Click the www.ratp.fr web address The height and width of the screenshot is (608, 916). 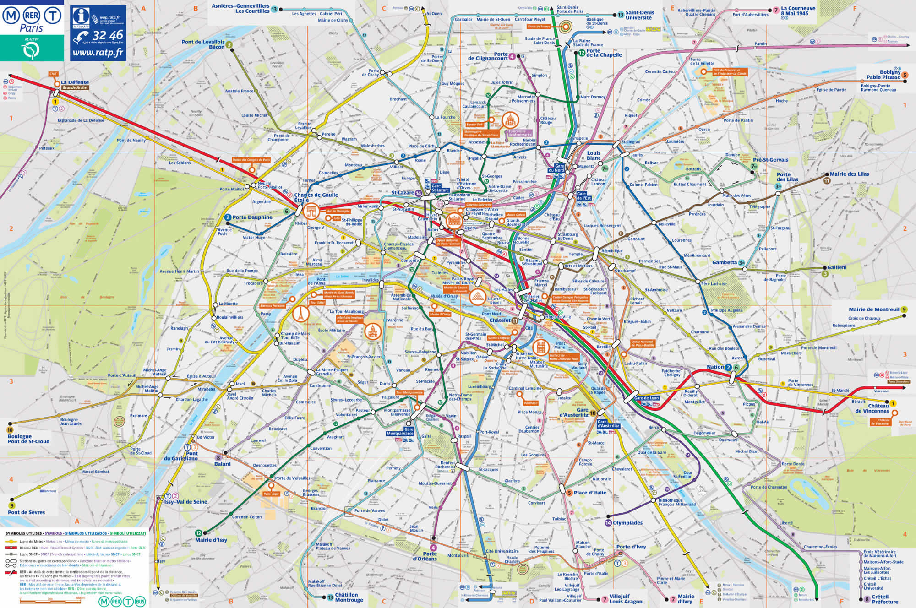click(x=98, y=53)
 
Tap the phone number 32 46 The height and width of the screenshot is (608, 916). click(x=108, y=35)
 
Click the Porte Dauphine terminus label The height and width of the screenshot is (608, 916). click(x=252, y=217)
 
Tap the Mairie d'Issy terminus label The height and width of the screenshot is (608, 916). click(x=211, y=540)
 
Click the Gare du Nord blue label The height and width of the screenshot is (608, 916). click(x=559, y=168)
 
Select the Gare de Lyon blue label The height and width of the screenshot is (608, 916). click(x=646, y=398)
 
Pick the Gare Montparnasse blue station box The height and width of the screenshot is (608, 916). click(x=400, y=431)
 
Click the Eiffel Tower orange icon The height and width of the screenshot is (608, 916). click(x=300, y=314)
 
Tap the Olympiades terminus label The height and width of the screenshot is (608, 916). click(x=627, y=523)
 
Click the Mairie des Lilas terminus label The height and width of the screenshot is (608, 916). click(x=849, y=174)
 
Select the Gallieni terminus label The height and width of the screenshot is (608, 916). click(x=837, y=267)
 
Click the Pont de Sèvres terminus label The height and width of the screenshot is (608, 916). click(x=26, y=512)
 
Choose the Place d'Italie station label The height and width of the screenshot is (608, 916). click(x=590, y=493)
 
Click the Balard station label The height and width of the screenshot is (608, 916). click(x=223, y=464)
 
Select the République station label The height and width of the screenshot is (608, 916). click(x=612, y=251)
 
